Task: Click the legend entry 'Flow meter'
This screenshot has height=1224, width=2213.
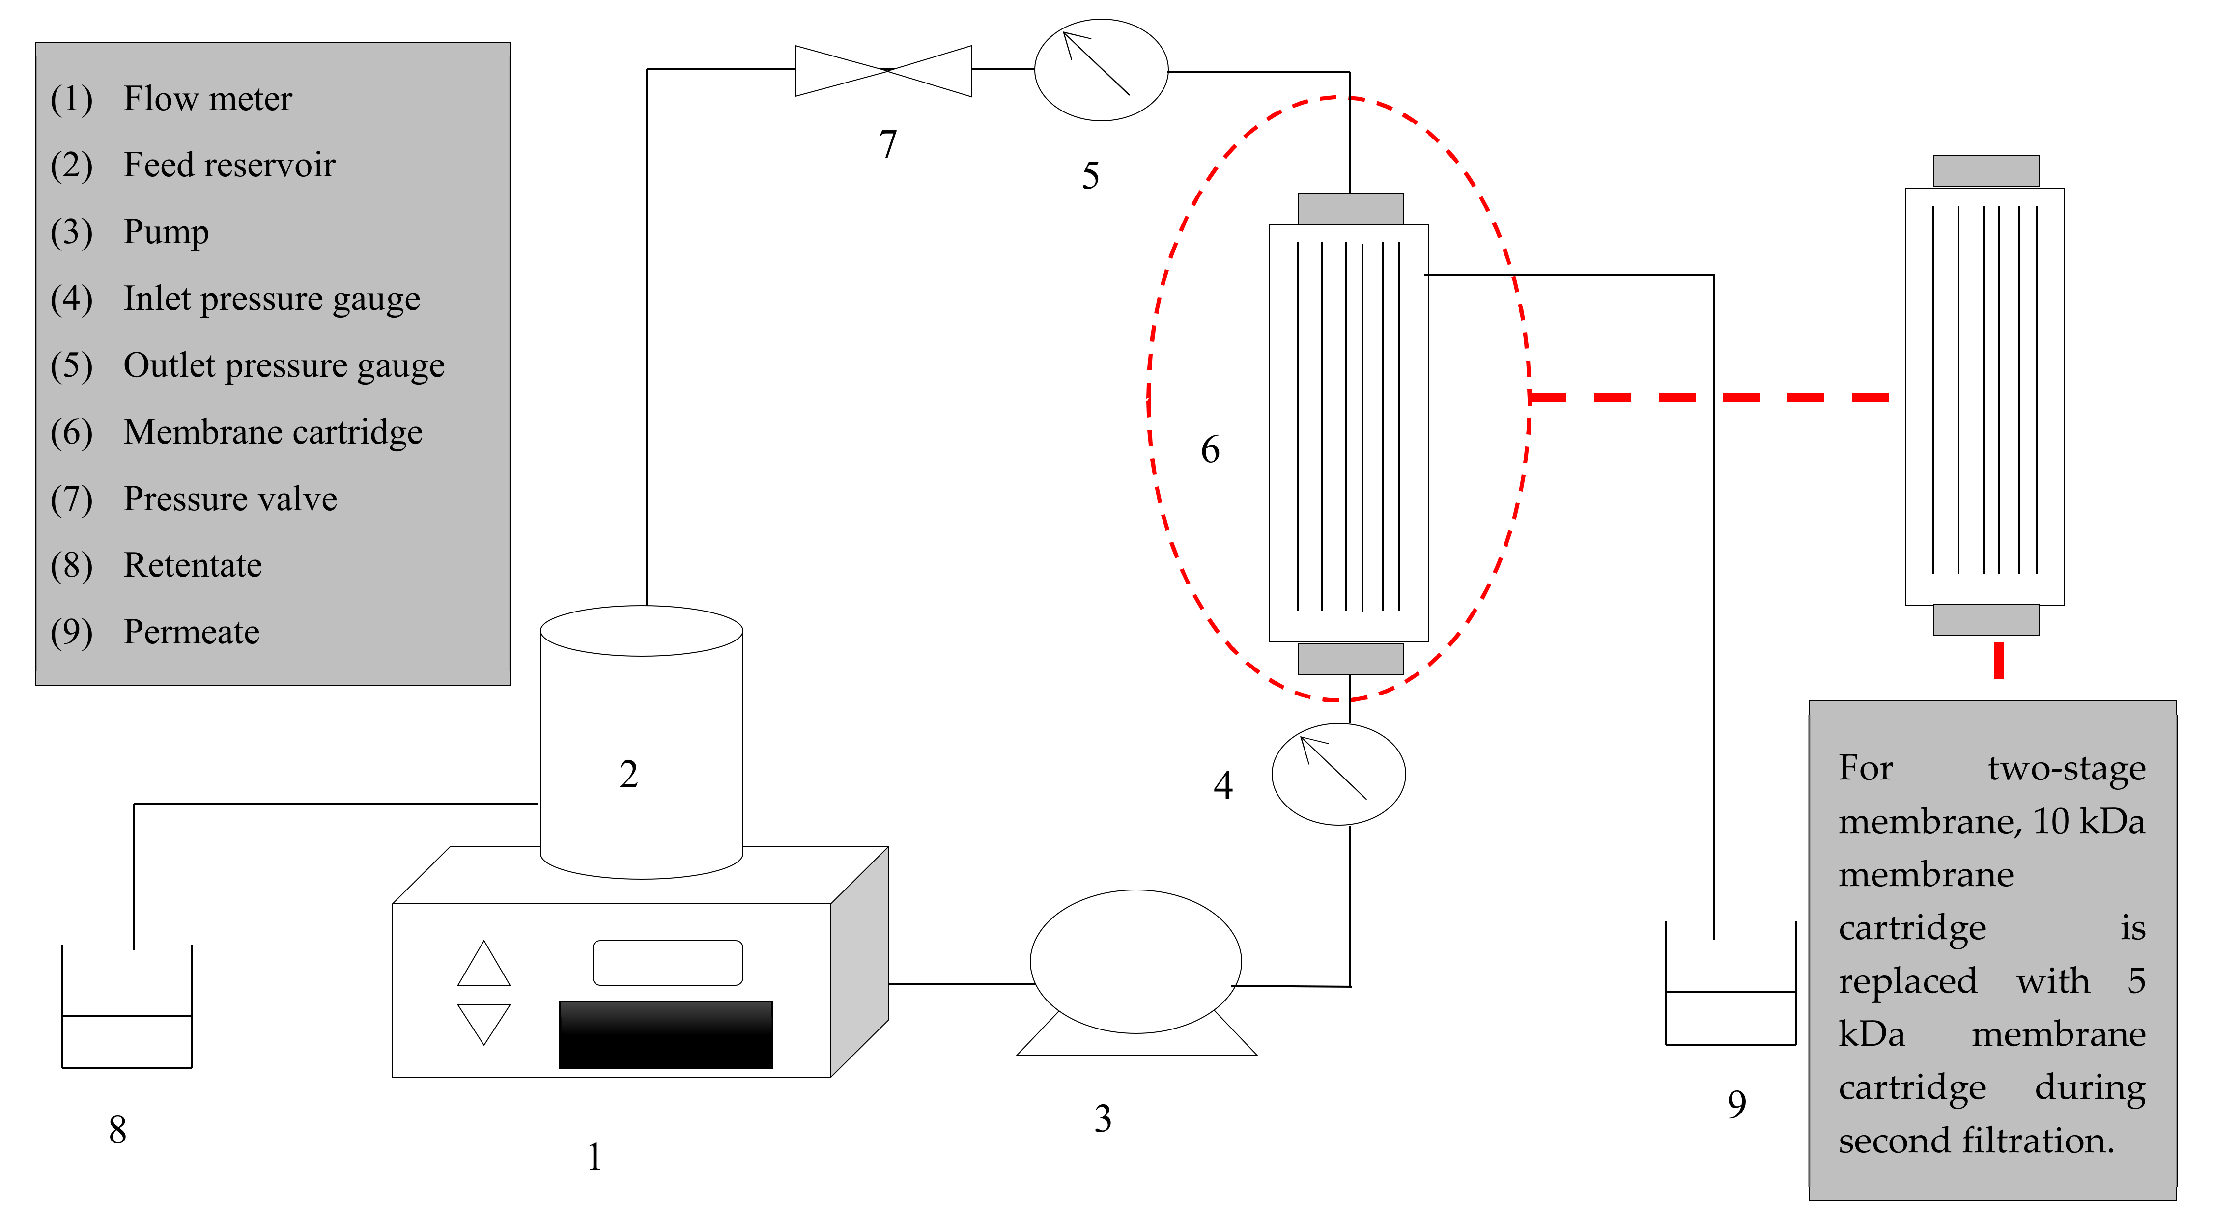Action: pos(207,99)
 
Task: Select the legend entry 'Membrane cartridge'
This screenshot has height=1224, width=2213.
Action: pos(272,432)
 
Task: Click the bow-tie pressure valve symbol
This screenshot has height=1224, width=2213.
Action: pos(883,70)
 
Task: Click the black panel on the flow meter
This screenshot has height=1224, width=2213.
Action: pos(666,1034)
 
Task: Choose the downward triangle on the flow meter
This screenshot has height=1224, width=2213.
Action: pos(483,1022)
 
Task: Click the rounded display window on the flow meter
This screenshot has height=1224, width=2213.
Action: pos(668,963)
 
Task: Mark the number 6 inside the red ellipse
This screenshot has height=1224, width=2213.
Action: pos(1210,449)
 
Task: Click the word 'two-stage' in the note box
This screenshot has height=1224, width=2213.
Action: pos(2066,768)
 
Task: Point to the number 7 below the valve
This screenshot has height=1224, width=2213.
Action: pos(887,144)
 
